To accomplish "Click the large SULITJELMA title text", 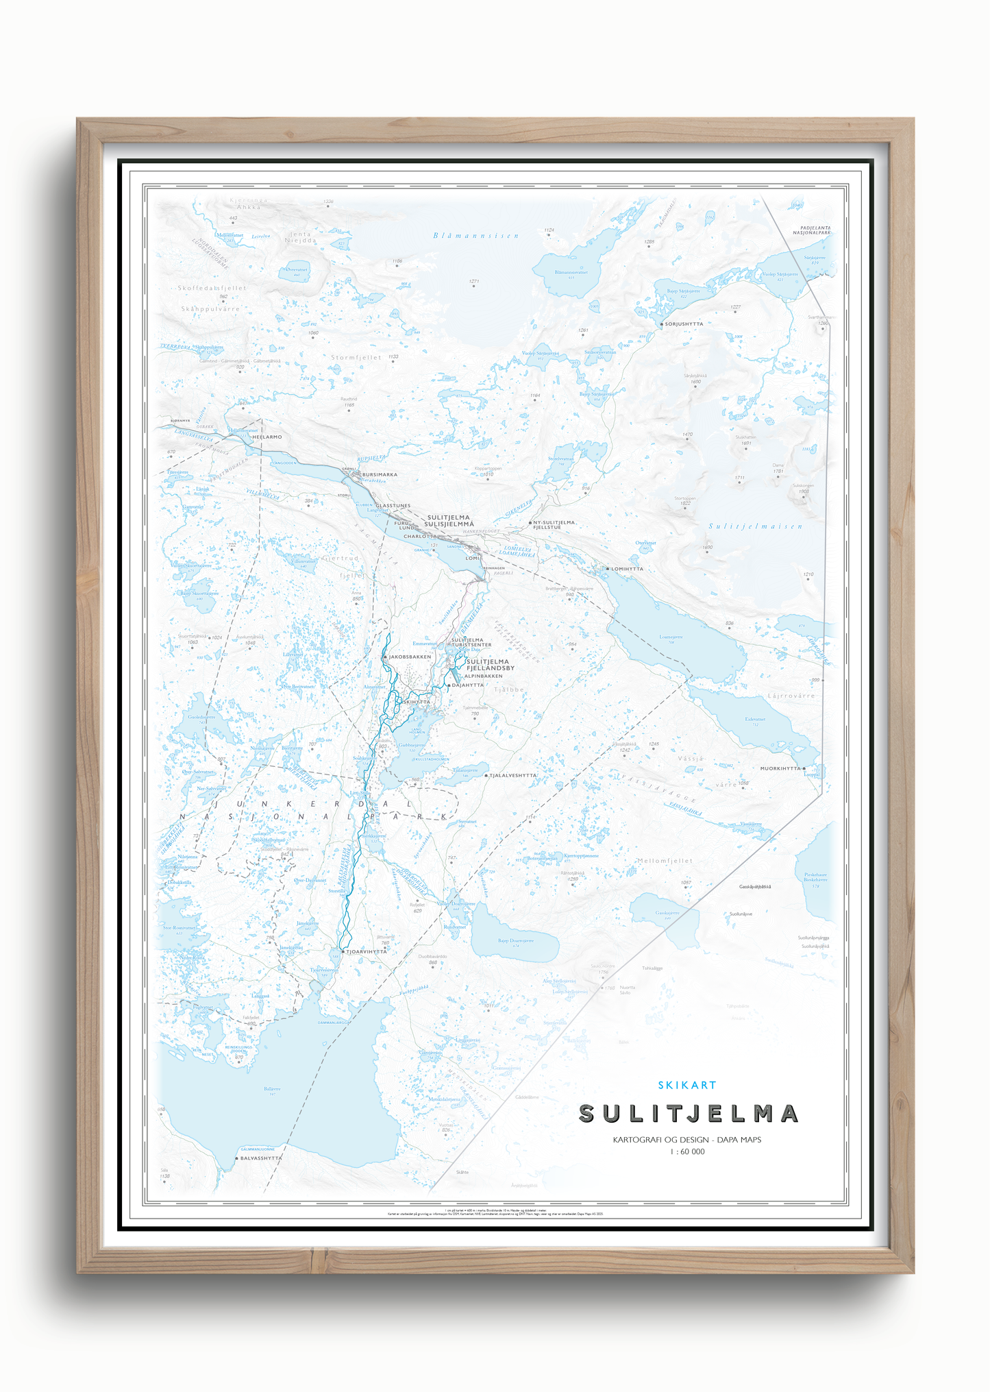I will click(x=689, y=1114).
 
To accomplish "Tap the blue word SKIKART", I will click(x=687, y=1085).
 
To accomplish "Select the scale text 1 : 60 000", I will click(x=687, y=1151).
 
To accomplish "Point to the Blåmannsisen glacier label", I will click(x=476, y=236).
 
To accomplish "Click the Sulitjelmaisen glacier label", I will click(x=755, y=526).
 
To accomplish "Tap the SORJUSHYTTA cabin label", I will click(x=684, y=324).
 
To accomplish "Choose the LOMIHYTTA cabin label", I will click(x=627, y=569).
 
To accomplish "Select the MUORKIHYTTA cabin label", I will click(x=780, y=768).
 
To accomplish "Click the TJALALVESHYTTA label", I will click(x=512, y=776).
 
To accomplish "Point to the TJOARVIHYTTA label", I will click(x=366, y=952).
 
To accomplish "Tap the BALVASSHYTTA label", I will click(x=260, y=1158).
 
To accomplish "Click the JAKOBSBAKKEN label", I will click(x=410, y=657).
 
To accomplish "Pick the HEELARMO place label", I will click(x=267, y=437).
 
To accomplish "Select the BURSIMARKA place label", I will click(x=380, y=474).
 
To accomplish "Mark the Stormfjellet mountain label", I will click(x=356, y=357).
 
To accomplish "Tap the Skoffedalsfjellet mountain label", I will click(x=212, y=288).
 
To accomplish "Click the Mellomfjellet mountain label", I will click(x=665, y=861).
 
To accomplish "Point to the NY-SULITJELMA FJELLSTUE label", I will click(x=554, y=525).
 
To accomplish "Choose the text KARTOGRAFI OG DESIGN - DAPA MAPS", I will click(x=687, y=1140).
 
